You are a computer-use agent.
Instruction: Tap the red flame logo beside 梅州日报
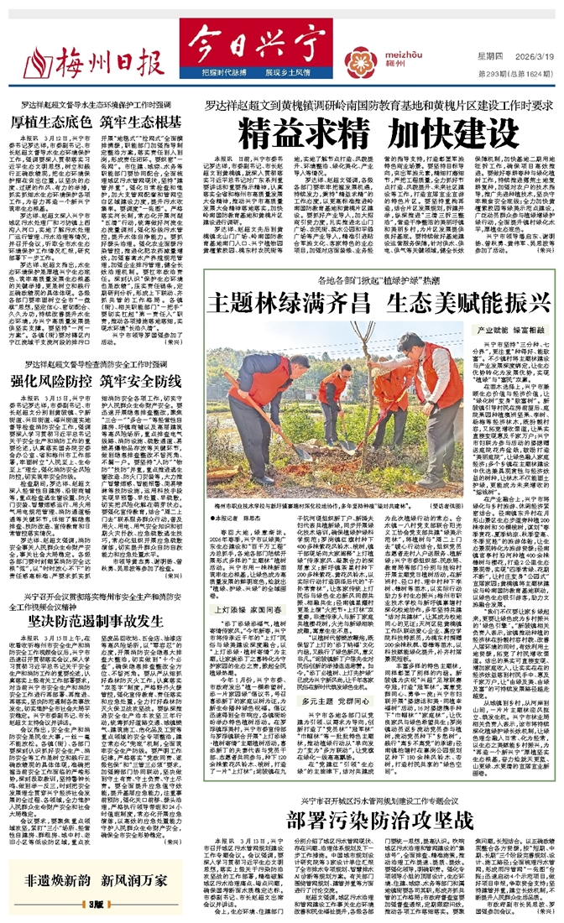point(35,60)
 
